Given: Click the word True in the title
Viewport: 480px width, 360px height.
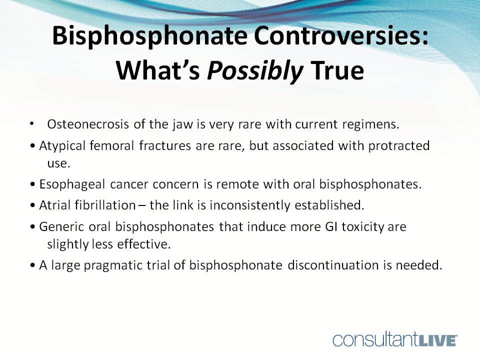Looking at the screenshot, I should [x=337, y=71].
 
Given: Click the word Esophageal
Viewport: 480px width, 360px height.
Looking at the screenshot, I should [x=66, y=183].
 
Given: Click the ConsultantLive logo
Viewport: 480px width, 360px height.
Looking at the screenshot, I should [x=395, y=339].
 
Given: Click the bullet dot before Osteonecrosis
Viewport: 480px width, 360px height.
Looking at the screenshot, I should [x=32, y=122].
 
